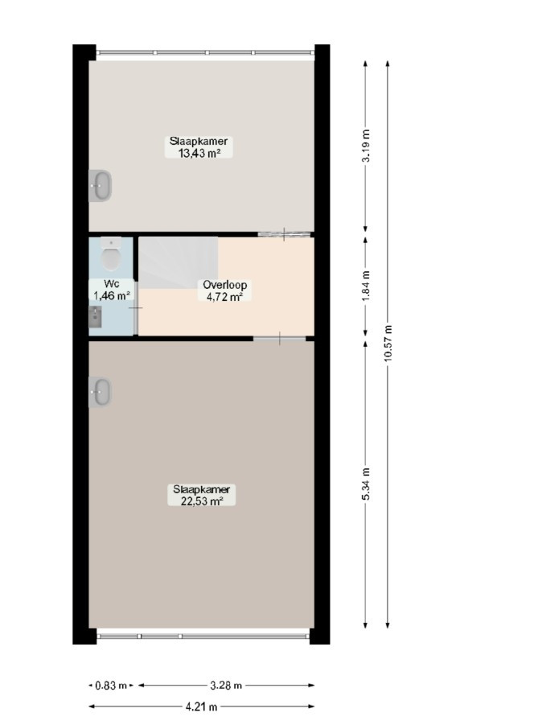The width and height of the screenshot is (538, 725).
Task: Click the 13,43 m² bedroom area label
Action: pos(199,147)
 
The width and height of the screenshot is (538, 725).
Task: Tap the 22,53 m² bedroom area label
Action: pos(202,495)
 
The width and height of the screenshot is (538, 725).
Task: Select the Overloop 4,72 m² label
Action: pos(224,290)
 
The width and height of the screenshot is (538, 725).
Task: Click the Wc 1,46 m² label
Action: pos(112,290)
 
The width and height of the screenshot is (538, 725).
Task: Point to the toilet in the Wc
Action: pos(110,253)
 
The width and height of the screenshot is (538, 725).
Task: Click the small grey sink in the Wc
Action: pos(95,316)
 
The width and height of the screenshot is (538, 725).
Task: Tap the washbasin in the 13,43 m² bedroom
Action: pos(100,186)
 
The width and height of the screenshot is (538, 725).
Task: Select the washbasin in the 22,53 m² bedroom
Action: pos(100,392)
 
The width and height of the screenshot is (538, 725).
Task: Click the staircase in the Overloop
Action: pos(179,262)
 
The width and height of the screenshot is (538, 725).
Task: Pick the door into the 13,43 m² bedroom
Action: pos(284,234)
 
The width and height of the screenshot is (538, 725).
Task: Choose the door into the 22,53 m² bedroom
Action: pos(280,339)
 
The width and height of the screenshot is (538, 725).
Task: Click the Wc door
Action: pos(136,308)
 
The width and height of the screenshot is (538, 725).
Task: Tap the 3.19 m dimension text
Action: pos(366,145)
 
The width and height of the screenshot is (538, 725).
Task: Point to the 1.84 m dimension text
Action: pos(366,286)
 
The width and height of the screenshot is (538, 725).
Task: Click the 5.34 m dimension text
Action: pos(366,484)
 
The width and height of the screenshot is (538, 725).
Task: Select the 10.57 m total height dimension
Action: pos(388,344)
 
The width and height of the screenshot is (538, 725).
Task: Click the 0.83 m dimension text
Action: pos(111,686)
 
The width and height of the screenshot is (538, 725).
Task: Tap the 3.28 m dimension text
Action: pos(226,686)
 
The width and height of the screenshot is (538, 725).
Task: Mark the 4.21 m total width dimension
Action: pos(201,706)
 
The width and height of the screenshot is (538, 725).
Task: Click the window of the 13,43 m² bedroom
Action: pos(205,53)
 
